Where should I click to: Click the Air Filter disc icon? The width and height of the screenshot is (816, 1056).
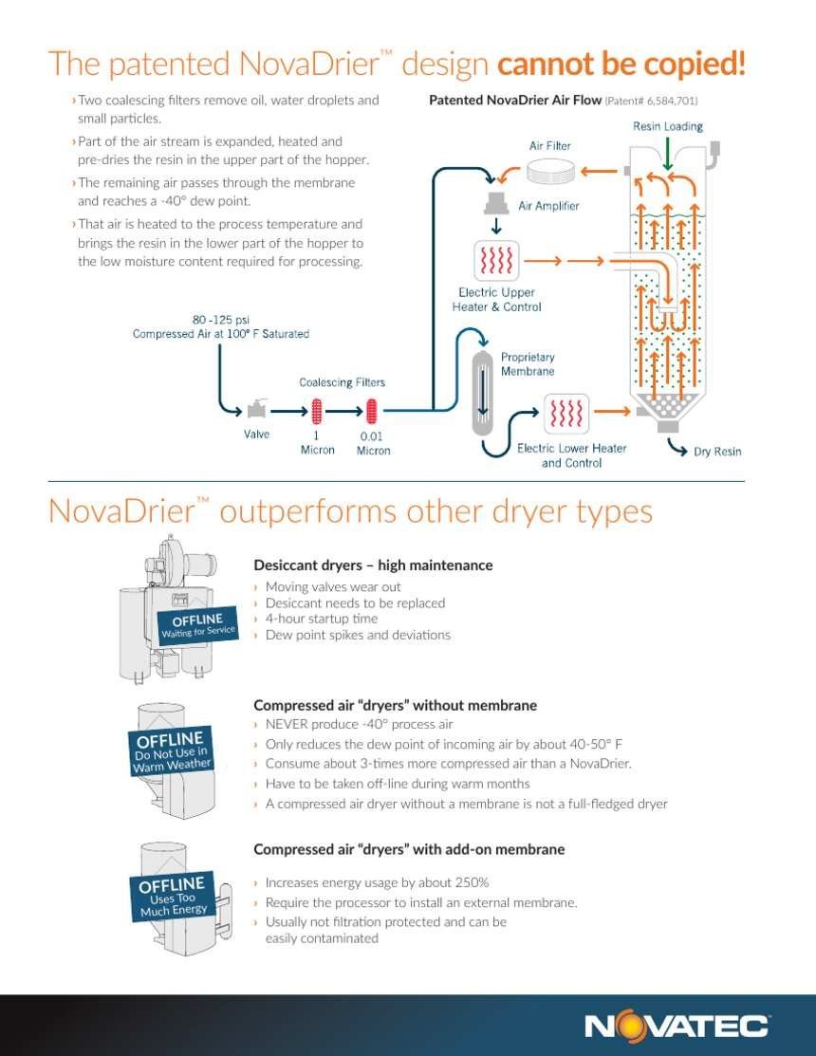pos(550,173)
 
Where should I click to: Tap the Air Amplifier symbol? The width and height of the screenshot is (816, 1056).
pos(496,203)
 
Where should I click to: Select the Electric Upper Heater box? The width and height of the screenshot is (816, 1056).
pos(496,260)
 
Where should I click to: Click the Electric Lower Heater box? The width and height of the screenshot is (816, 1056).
pos(566,413)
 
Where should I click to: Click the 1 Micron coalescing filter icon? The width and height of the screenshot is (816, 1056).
pos(316,412)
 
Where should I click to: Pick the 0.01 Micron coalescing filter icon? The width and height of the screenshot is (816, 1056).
pos(371,412)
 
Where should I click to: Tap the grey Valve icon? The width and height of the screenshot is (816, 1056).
pos(256,409)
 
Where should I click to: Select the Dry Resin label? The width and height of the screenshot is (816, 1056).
pos(717,452)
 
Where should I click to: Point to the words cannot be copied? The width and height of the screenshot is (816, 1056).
pos(621,64)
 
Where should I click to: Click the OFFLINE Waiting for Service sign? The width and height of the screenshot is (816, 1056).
pos(198,625)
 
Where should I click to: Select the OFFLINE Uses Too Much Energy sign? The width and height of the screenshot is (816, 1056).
pos(174,897)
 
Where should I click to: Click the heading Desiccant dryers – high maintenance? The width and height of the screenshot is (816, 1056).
pos(373,565)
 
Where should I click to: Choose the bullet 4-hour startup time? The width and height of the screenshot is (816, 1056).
pos(321,619)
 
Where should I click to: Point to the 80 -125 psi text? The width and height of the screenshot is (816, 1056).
pos(221,319)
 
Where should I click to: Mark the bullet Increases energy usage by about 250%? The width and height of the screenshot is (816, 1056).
pos(377,882)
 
